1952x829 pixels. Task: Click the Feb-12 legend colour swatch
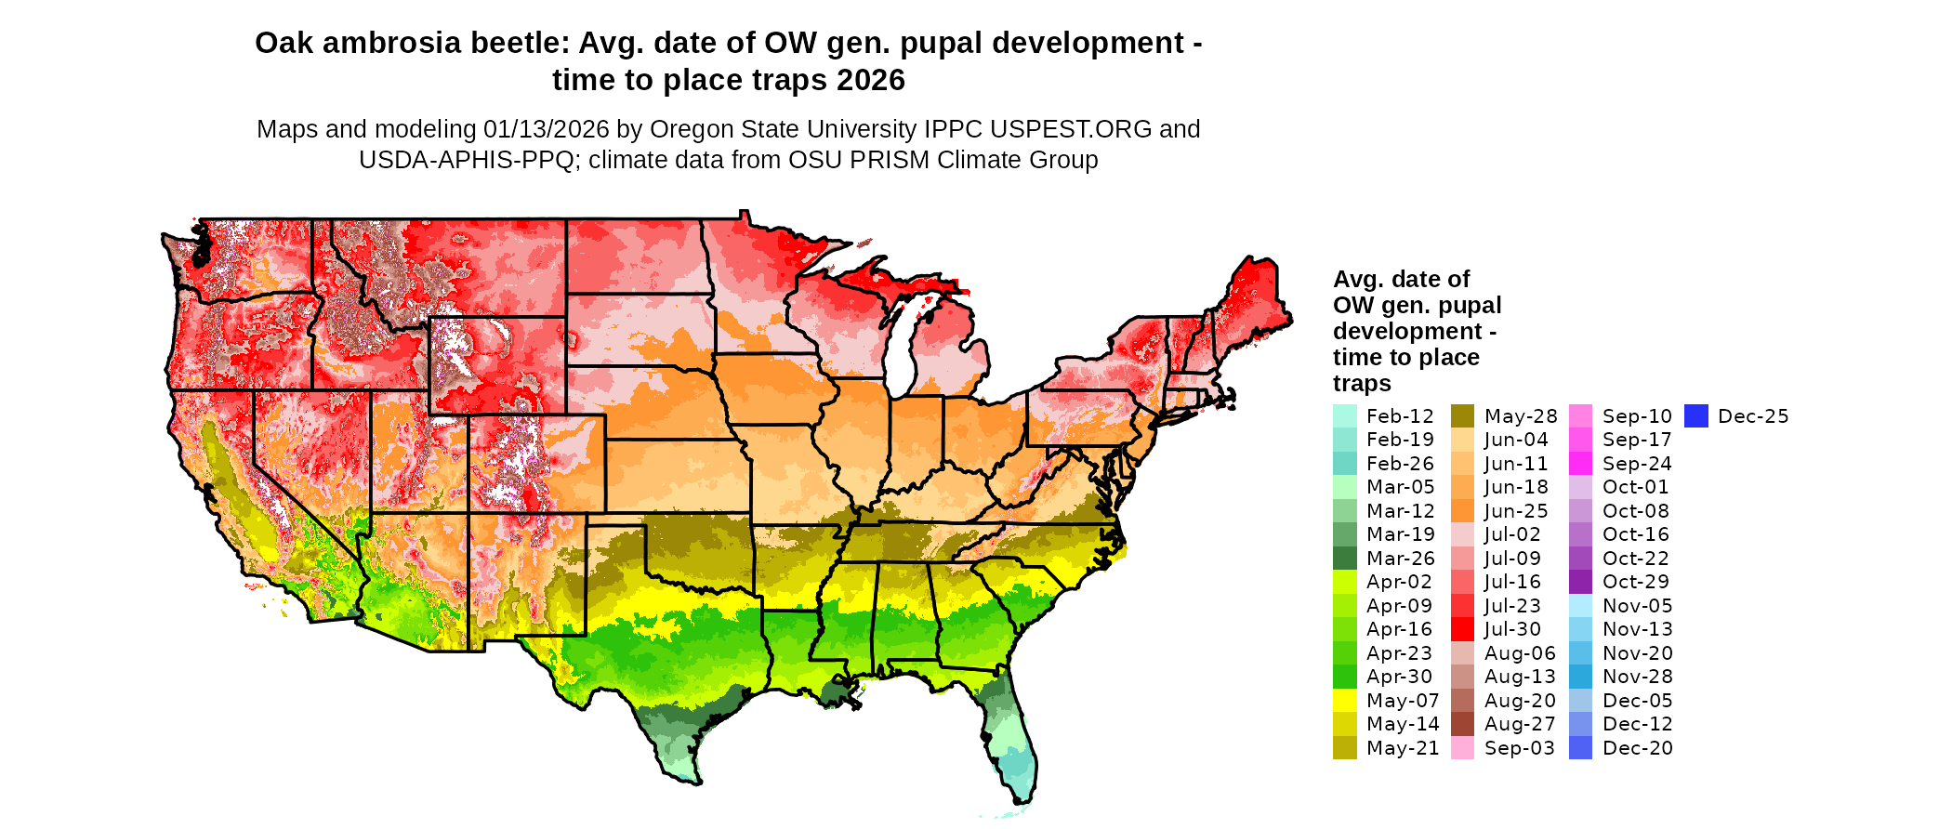(x=1344, y=416)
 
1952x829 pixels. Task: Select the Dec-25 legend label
(x=1753, y=416)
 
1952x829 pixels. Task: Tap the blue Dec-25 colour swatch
(x=1696, y=416)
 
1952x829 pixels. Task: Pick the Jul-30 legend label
(x=1512, y=629)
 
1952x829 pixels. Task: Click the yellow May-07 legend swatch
(x=1344, y=701)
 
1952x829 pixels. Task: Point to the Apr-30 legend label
(x=1399, y=677)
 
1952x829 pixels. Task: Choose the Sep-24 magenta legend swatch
(x=1580, y=464)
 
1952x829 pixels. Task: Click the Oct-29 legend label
(x=1635, y=582)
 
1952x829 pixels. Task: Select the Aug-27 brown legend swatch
(x=1462, y=724)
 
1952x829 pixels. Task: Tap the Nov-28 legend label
(x=1637, y=677)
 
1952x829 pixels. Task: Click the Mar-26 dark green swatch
(x=1344, y=559)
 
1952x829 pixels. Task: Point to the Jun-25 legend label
(x=1516, y=511)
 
